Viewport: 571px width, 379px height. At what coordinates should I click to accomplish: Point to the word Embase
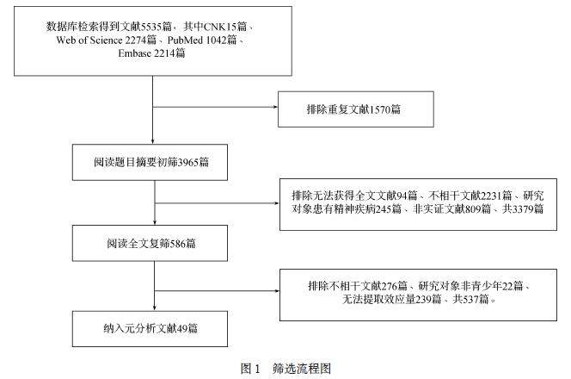point(134,53)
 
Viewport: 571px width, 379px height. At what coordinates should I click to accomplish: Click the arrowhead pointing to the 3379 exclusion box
point(275,202)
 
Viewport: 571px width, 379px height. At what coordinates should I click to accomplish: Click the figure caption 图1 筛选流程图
point(285,368)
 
